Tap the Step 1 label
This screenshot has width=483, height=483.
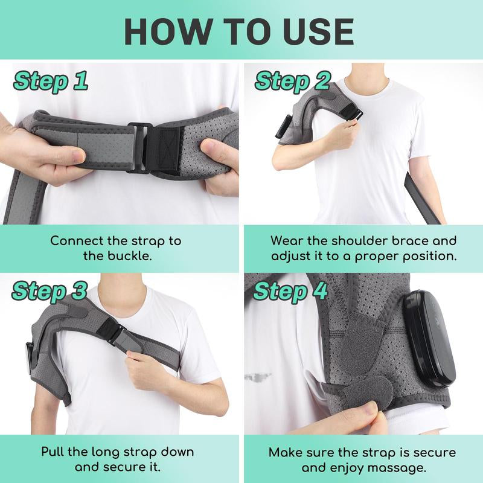click(51, 81)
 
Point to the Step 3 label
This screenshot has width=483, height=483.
click(50, 291)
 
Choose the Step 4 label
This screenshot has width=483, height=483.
click(291, 291)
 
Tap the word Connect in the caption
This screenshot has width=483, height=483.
click(75, 240)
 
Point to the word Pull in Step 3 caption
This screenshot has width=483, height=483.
click(54, 451)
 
